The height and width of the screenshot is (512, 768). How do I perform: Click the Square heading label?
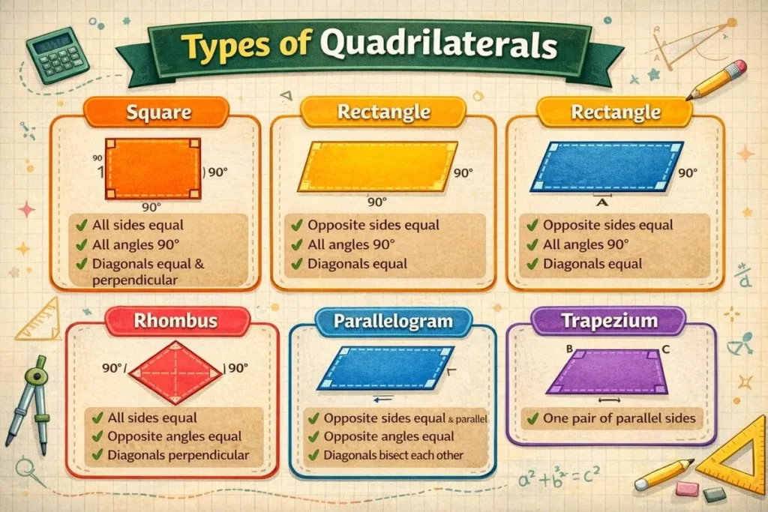click(x=158, y=114)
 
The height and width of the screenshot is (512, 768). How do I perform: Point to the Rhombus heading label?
click(x=175, y=322)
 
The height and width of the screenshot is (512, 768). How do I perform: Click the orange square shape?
click(x=154, y=169)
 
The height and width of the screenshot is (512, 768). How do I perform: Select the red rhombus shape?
click(x=175, y=368)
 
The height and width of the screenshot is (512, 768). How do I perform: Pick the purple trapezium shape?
click(x=607, y=371)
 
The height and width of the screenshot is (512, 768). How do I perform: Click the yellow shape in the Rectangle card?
click(x=377, y=166)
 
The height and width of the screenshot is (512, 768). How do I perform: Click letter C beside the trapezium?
click(x=665, y=349)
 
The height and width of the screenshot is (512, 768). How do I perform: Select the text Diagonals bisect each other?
click(x=394, y=455)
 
